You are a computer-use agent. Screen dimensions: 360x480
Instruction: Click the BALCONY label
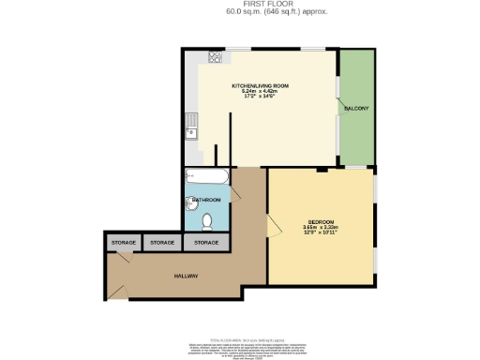(x=355, y=109)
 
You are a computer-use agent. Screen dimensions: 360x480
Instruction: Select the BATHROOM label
(x=206, y=200)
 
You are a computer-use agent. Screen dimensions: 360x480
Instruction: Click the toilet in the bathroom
(x=207, y=221)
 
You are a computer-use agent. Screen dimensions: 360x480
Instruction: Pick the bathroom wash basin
(x=191, y=204)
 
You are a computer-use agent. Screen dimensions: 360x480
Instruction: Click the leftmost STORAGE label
(x=125, y=243)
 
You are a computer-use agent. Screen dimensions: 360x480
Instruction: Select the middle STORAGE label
(x=162, y=243)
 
